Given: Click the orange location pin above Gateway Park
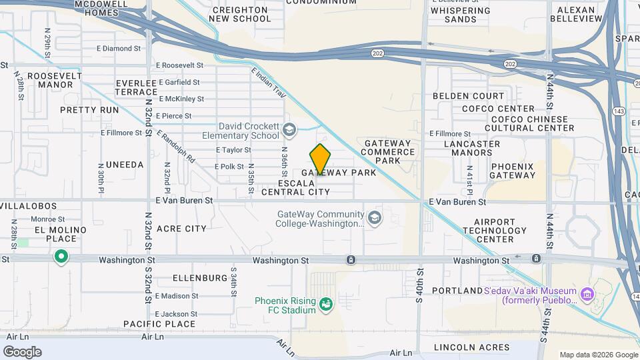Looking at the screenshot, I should [x=321, y=159].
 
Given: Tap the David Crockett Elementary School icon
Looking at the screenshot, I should [x=289, y=129].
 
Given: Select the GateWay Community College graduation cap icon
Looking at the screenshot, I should [x=375, y=218].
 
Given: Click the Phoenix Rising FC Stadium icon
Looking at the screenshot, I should [x=326, y=305].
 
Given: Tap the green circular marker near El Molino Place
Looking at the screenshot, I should [x=61, y=257].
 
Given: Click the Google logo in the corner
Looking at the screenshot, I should [x=22, y=351].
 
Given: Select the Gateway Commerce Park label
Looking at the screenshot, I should [x=390, y=151].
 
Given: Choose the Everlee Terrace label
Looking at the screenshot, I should [x=136, y=87].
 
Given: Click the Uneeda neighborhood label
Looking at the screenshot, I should [x=124, y=165].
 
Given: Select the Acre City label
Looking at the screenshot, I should [x=181, y=229].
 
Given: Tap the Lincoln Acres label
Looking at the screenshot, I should [x=471, y=347].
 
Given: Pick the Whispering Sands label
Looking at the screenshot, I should [x=459, y=15].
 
